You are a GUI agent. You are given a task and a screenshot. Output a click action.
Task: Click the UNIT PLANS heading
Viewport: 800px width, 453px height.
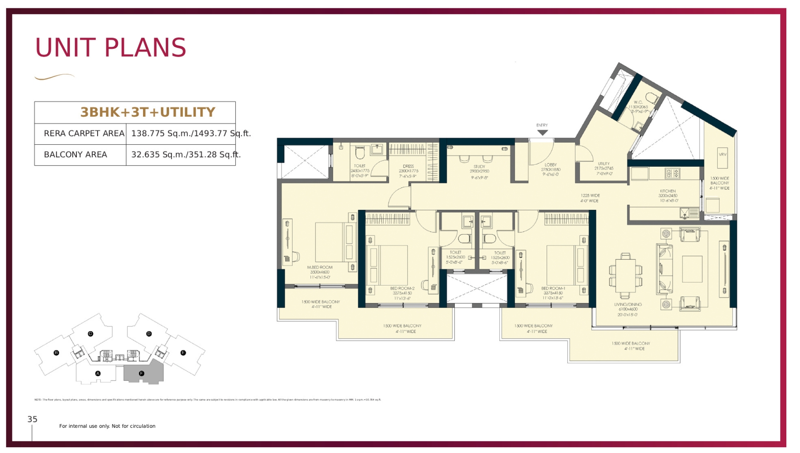(x=110, y=48)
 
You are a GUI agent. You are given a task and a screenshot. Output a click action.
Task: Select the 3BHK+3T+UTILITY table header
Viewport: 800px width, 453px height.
(x=148, y=112)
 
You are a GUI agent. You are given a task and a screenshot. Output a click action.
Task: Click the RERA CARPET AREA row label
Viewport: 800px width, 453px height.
(x=84, y=133)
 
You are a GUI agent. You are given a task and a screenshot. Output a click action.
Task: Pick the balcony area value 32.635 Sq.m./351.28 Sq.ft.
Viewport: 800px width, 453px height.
(x=186, y=154)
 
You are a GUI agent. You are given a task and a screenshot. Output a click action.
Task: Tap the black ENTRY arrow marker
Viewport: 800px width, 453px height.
(x=542, y=132)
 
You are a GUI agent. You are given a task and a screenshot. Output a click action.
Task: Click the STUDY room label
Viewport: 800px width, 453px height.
(x=479, y=167)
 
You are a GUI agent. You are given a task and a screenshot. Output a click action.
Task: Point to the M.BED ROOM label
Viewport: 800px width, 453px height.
(x=320, y=267)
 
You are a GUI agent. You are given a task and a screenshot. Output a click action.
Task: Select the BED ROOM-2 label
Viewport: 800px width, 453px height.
(x=402, y=288)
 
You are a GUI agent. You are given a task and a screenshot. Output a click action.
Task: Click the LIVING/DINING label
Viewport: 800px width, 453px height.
(x=628, y=304)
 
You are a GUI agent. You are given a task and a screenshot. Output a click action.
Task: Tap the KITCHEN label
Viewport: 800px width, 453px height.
(x=668, y=191)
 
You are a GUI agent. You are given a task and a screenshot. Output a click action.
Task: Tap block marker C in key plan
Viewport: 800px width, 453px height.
(x=91, y=333)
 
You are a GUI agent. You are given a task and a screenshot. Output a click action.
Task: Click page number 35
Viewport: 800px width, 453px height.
(x=32, y=419)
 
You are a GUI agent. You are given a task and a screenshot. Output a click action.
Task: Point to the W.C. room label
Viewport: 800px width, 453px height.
(x=638, y=102)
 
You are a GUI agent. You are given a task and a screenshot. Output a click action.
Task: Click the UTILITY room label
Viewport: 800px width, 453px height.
(x=604, y=164)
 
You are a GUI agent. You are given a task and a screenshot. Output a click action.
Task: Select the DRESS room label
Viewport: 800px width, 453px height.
(x=408, y=166)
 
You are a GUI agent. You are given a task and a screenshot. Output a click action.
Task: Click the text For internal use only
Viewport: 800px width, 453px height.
(x=107, y=426)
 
